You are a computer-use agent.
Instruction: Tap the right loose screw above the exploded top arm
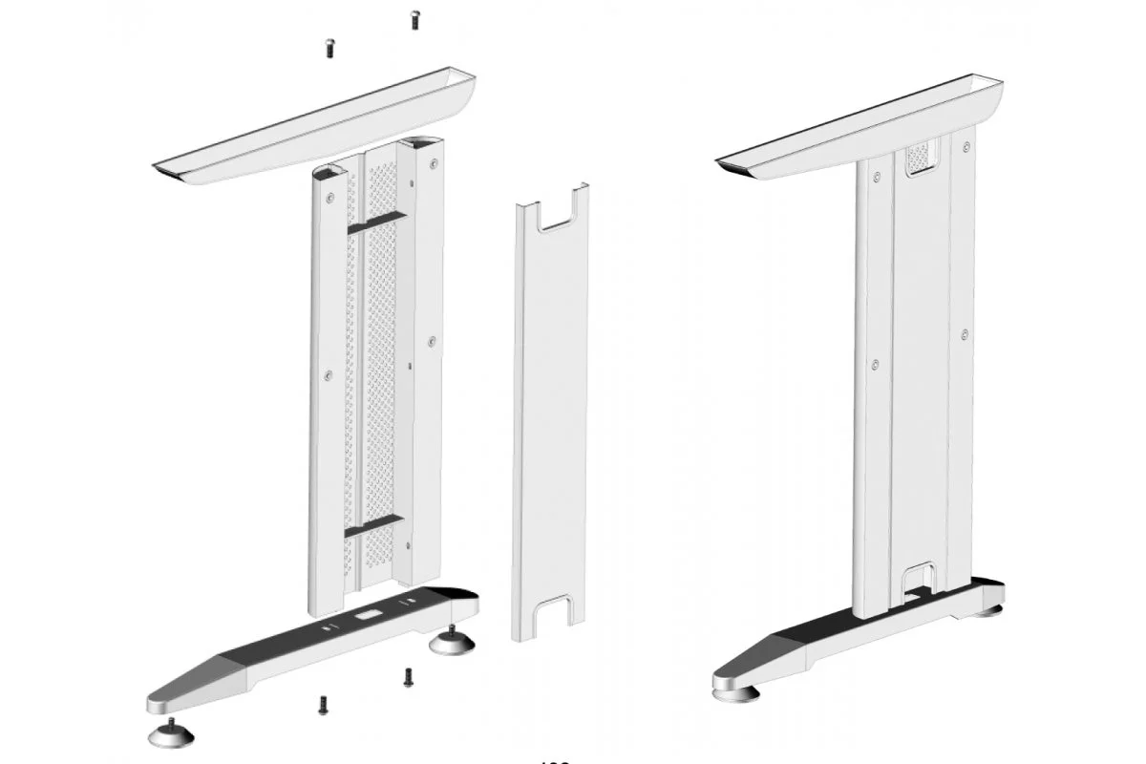tap(414, 17)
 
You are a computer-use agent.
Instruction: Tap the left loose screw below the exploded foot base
tap(322, 705)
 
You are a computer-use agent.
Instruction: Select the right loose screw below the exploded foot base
tap(408, 676)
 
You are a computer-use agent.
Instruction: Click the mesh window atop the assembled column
tap(917, 157)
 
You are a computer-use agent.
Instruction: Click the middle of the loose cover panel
tap(551, 411)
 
